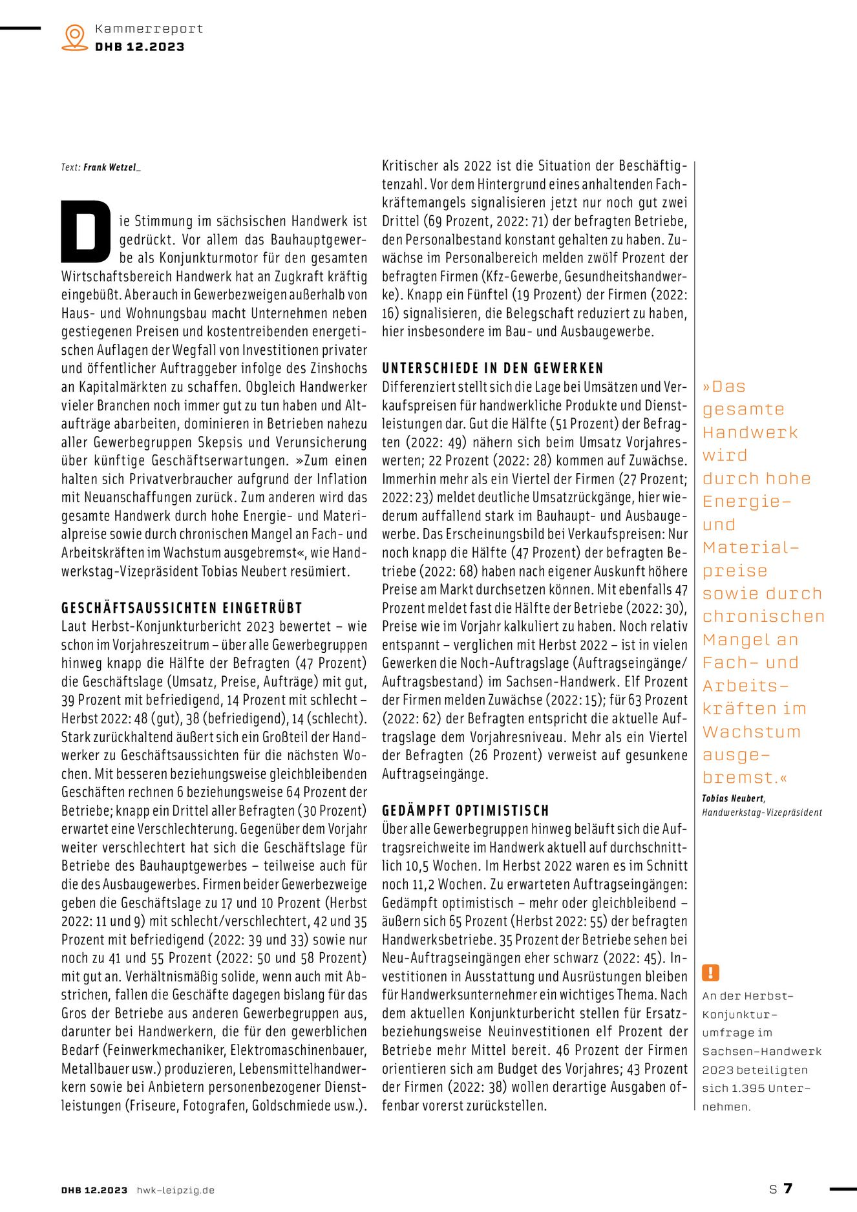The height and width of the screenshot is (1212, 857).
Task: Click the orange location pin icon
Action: pos(75,37)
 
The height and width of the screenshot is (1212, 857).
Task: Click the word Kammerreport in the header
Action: pos(149,28)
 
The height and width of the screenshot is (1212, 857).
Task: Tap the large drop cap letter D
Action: pos(85,231)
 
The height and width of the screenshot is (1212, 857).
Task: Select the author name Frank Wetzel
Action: pos(111,167)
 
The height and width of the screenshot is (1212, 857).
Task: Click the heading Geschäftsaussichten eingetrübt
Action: pos(182,608)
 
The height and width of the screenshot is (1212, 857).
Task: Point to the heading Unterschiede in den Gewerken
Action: pos(492,368)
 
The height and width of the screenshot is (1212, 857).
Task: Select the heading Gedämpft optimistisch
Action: pos(465,811)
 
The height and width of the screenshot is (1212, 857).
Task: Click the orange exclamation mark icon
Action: pos(710,973)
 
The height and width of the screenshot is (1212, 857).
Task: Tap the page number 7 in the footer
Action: pos(788,1188)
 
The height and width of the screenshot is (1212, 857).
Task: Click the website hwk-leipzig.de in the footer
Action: pos(175,1190)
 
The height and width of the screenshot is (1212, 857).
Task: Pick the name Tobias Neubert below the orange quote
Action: pos(733,798)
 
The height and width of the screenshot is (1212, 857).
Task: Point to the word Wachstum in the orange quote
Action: pos(752,732)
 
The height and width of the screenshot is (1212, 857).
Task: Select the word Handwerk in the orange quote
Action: pos(750,432)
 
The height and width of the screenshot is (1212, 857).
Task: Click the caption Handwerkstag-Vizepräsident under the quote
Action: pos(762,813)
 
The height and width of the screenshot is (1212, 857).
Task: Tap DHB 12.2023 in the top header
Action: pos(140,47)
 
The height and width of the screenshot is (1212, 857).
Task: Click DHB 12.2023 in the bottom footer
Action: pos(94,1190)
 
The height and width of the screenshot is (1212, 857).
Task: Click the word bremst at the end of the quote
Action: pos(740,778)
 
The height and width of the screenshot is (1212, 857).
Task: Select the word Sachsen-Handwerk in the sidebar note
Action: pos(762,1052)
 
